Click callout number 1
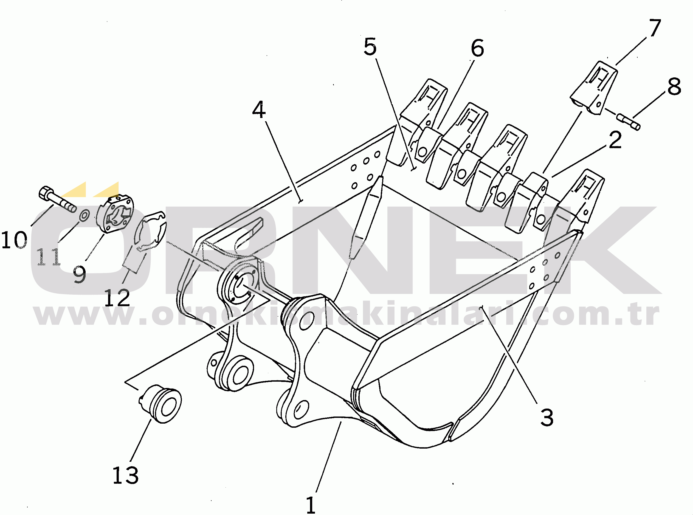311,505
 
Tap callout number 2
615,140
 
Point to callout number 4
259,109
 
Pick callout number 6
477,48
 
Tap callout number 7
654,28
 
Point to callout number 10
14,240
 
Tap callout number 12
117,297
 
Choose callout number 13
125,475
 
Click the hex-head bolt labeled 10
58,199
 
